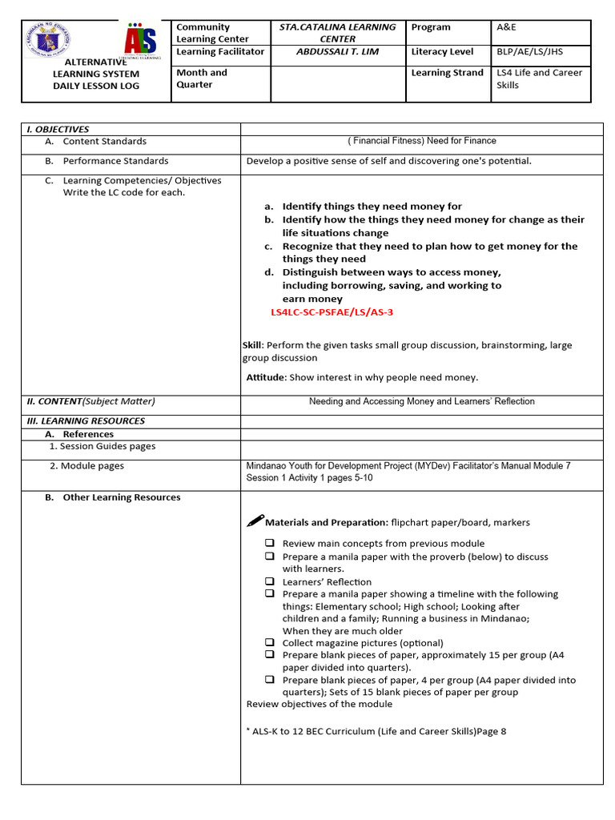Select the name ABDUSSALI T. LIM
337,51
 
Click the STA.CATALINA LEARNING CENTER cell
337,33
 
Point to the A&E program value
507,27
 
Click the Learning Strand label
447,73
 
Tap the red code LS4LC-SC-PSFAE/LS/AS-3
332,312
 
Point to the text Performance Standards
115,161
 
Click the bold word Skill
253,345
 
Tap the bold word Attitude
265,377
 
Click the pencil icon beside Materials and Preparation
255,521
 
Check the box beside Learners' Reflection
270,581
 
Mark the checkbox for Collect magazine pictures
270,642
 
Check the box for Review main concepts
270,543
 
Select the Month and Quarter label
202,78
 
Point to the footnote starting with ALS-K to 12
376,731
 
